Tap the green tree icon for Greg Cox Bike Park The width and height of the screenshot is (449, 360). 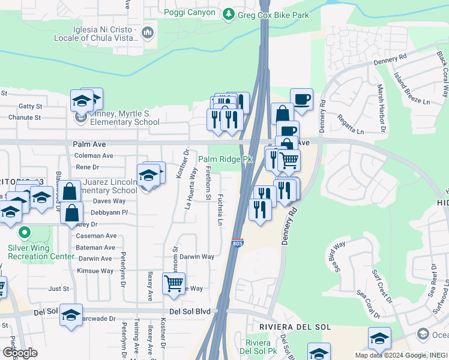[228, 14]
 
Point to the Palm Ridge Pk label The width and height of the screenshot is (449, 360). [226, 160]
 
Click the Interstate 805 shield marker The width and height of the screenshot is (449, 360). [238, 243]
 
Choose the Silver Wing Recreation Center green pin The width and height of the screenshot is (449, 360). [25, 232]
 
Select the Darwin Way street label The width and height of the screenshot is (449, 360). [197, 257]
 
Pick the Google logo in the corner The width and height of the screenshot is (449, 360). [19, 353]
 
